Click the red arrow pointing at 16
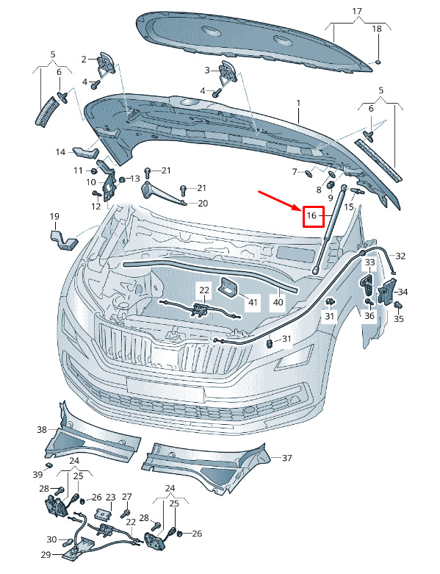pos(281,201)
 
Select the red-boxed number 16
pos(311,215)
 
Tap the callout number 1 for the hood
pos(298,103)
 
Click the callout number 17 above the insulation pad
pos(357,11)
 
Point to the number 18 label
pos(376,29)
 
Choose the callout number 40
pos(278,302)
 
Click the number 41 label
pos(253,302)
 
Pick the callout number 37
pos(286,458)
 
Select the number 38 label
pos(42,429)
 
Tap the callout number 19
pos(54,216)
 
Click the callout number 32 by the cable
pos(400,256)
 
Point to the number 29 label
pos(46,555)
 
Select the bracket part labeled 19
pos(64,240)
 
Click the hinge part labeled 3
pos(228,73)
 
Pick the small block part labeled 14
pos(85,151)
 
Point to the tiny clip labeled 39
pos(48,465)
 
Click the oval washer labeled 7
pos(309,172)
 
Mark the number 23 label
pos(110,497)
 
